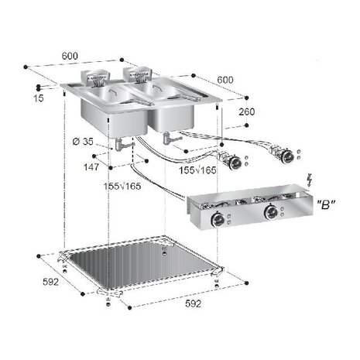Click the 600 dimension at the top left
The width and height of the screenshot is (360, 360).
(70, 57)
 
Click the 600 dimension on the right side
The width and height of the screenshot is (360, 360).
(225, 79)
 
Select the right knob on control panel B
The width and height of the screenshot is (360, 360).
(272, 213)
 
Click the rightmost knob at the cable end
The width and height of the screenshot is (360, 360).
(289, 157)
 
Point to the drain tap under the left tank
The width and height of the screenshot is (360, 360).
(121, 145)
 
